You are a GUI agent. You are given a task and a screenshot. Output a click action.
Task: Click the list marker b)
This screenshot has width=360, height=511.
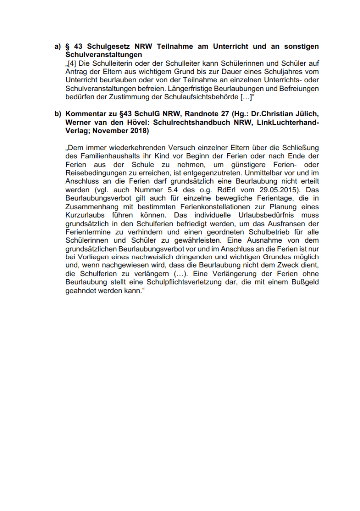coord(57,114)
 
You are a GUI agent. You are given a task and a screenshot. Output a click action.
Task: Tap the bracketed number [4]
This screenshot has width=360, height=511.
coord(72,63)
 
